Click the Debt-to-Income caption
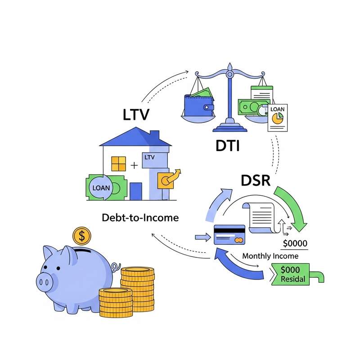click(140, 218)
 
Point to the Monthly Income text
click(270, 256)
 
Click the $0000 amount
click(295, 243)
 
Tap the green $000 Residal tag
click(292, 274)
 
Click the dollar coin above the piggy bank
click(81, 235)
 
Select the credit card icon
click(229, 234)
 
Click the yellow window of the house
click(118, 164)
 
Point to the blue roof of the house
click(135, 137)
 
